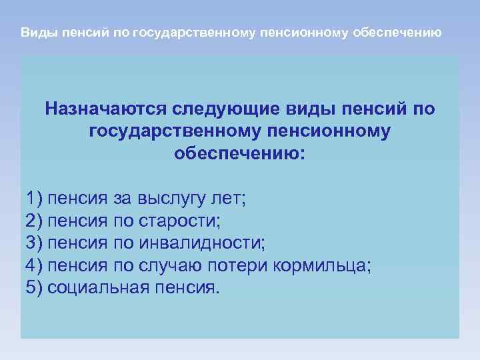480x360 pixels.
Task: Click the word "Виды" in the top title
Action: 35,32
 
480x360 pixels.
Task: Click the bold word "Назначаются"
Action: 106,108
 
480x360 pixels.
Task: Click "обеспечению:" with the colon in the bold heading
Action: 240,153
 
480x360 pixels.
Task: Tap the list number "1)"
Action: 33,198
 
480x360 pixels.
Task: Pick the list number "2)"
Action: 33,221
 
